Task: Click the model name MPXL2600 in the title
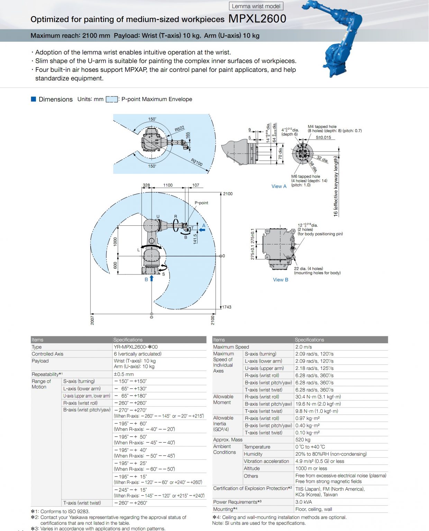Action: point(257,19)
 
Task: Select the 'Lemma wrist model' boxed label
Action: point(256,6)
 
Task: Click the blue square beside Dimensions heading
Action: point(34,99)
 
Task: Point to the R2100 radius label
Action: point(197,162)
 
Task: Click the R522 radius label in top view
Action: point(180,129)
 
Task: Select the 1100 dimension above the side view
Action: point(168,185)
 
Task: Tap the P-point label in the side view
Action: point(201,203)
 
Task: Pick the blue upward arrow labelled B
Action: point(152,278)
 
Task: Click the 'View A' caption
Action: point(279,186)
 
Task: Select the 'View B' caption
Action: point(280,280)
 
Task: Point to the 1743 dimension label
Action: point(227,307)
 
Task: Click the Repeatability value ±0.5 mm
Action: point(124,374)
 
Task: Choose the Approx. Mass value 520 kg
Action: point(303,440)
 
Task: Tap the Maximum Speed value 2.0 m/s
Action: point(303,347)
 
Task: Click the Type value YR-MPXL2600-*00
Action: point(136,347)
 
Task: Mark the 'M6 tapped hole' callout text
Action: point(305,176)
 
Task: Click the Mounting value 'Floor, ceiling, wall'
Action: point(313,509)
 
